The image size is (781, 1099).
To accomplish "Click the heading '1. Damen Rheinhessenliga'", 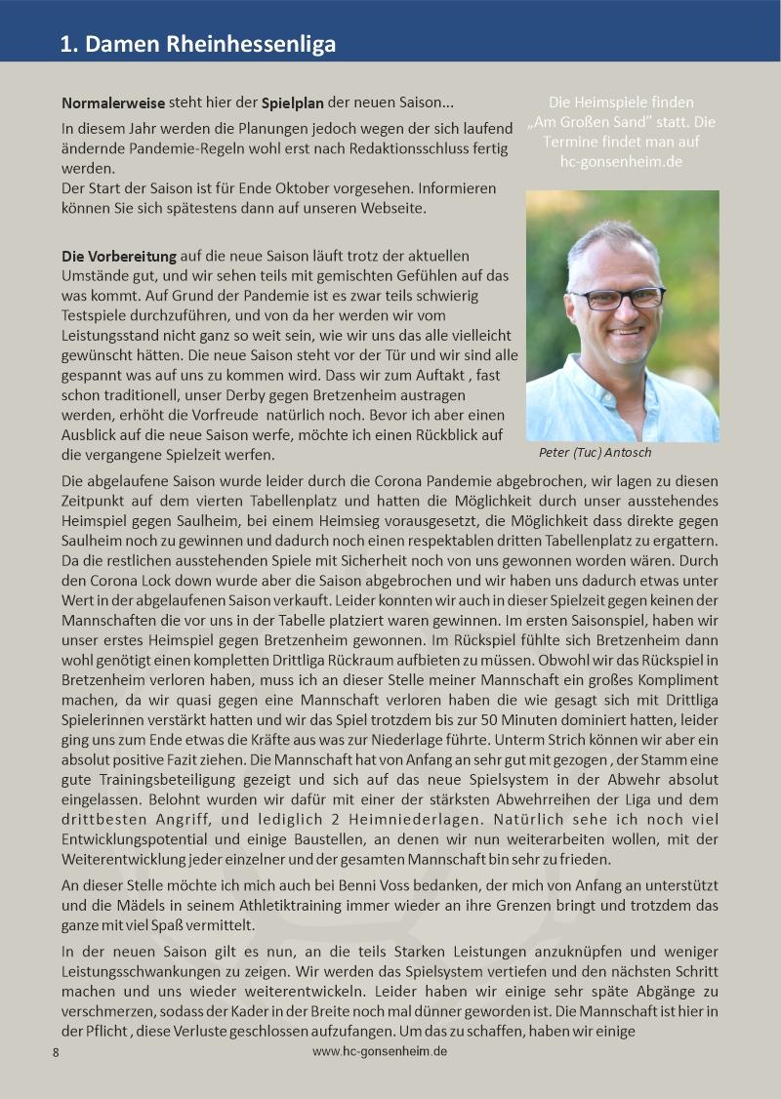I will [x=197, y=44].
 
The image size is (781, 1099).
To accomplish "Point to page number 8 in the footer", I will [x=56, y=1052].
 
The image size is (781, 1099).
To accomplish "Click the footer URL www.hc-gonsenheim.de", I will [x=380, y=1051].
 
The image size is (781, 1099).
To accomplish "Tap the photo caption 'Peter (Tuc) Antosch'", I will [x=595, y=453].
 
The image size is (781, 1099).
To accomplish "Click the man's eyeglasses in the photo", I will [x=617, y=296].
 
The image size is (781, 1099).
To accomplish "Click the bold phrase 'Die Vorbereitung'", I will [x=119, y=257].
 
